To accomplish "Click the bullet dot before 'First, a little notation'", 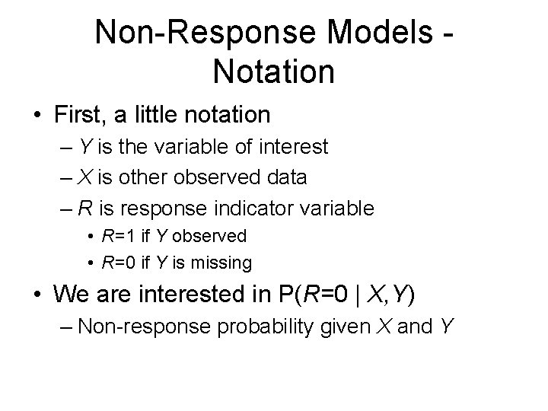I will [x=36, y=116].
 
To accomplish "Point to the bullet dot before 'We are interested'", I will [x=36, y=292].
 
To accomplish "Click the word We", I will [x=75, y=292].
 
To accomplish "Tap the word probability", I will [x=269, y=327].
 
